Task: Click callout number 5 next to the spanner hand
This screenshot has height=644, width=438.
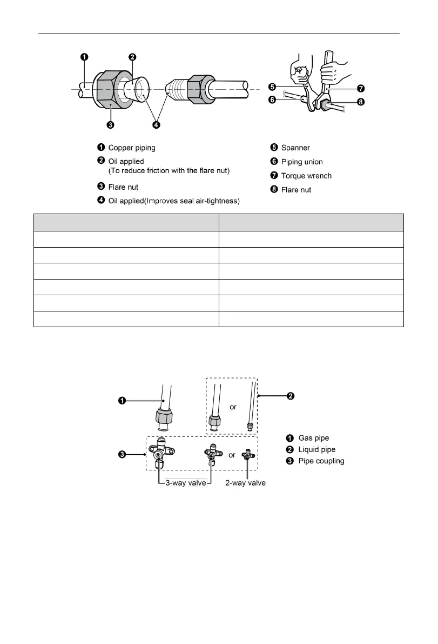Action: click(273, 85)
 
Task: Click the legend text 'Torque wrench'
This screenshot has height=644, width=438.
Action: click(306, 176)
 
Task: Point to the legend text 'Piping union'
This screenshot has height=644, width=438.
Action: click(302, 162)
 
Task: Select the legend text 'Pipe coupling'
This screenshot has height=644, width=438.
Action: click(321, 461)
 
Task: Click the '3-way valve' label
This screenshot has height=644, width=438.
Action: click(185, 482)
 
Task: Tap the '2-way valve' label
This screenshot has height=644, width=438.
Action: click(245, 482)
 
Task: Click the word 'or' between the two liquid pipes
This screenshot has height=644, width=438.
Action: click(233, 407)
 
